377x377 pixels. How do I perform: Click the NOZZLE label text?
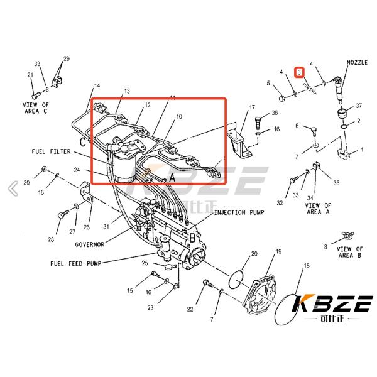357,63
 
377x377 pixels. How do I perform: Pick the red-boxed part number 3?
300,73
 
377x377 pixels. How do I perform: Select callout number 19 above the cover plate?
278,251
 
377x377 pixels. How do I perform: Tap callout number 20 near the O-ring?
254,254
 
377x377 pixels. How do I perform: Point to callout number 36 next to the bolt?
274,113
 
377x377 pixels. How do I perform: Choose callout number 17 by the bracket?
252,107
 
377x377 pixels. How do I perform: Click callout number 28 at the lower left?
50,240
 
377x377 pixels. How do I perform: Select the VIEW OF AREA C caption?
36,109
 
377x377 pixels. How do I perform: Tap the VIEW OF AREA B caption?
350,252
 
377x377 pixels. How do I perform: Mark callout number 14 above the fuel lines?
97,85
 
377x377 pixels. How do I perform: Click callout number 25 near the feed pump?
145,263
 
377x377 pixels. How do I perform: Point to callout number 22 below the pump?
190,309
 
